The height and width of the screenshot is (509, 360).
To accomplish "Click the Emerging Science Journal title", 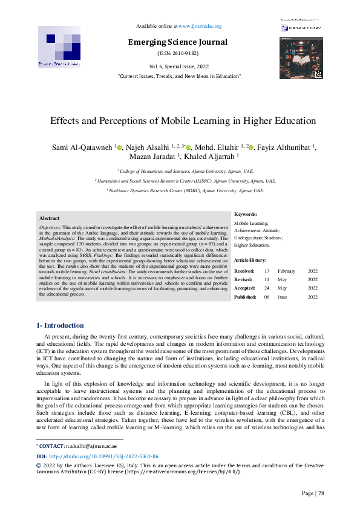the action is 177,42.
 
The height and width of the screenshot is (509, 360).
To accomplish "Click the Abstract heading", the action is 49,218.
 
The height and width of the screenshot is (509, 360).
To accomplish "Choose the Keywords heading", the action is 246,214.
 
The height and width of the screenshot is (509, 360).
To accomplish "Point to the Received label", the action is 244,271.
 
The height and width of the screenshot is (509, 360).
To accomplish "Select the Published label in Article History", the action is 244,297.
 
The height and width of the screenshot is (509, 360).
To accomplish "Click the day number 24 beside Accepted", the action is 267,288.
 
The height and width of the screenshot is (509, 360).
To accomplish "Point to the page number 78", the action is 321,493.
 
